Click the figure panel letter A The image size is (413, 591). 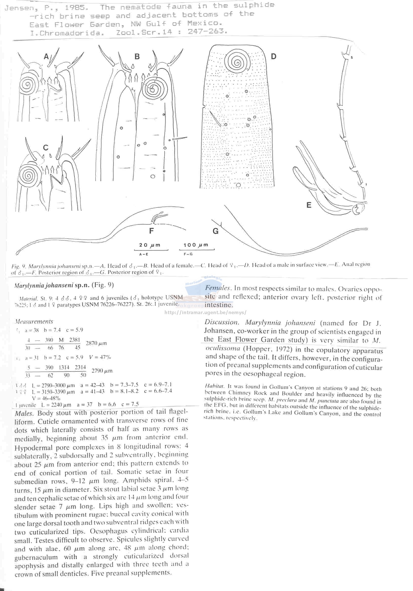point(46,56)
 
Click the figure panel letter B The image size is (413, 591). point(137,56)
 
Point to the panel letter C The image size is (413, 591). point(46,147)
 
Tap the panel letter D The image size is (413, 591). point(274,56)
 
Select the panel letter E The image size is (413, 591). point(309,205)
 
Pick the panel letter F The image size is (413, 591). point(152,231)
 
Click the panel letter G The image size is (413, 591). point(216,231)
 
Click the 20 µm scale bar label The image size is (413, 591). point(150,245)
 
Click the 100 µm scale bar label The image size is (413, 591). point(196,245)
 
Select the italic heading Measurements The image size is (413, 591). point(34,321)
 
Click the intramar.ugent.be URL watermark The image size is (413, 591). point(205,313)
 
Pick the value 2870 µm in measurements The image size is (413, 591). point(96,343)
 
